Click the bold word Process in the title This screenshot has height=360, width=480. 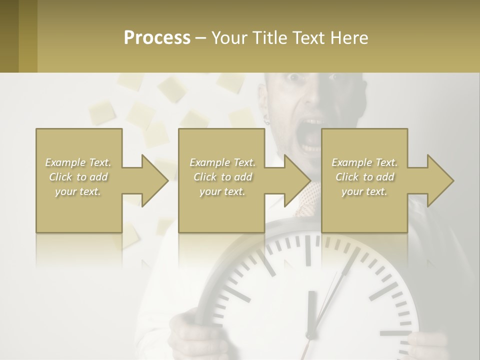pos(157,38)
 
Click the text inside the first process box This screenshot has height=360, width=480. pos(78,177)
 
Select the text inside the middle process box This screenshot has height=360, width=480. pos(222,177)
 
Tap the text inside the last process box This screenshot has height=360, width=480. pos(364,177)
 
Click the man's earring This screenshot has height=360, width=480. pos(266,119)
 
